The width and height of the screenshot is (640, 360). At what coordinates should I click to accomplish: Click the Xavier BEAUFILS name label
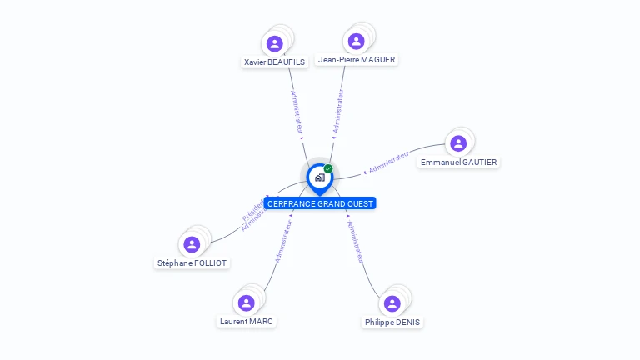[x=275, y=62]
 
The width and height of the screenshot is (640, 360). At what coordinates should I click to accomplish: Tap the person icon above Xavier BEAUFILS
[x=275, y=43]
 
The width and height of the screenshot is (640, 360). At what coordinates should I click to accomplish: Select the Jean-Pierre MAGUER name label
[x=357, y=59]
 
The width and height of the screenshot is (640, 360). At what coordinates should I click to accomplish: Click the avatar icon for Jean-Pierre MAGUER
[x=357, y=41]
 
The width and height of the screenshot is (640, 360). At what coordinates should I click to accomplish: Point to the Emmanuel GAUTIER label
[x=459, y=162]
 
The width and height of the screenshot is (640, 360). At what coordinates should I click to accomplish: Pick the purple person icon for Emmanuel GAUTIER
[x=458, y=143]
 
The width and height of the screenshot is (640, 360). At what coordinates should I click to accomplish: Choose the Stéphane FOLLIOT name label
[x=192, y=262]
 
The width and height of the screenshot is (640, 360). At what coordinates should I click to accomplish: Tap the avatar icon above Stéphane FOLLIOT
[x=192, y=244]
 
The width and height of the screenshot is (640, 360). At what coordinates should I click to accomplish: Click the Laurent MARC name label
[x=246, y=321]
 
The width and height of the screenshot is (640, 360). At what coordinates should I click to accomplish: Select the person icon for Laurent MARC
[x=246, y=302]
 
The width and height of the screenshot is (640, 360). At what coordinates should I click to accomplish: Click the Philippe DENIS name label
[x=392, y=322]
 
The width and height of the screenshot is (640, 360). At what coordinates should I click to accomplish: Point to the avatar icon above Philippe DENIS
[x=392, y=303]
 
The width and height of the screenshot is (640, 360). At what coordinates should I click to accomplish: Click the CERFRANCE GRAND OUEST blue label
[x=320, y=203]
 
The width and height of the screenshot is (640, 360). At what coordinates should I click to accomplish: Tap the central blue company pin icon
[x=319, y=177]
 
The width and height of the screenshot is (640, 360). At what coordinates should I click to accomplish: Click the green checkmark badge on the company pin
[x=328, y=169]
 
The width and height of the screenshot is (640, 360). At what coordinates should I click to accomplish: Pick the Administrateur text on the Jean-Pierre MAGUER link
[x=338, y=111]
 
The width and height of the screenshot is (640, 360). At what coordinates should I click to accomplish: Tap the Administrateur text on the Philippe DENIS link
[x=356, y=242]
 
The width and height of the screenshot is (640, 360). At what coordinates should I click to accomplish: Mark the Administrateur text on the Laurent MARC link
[x=283, y=241]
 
